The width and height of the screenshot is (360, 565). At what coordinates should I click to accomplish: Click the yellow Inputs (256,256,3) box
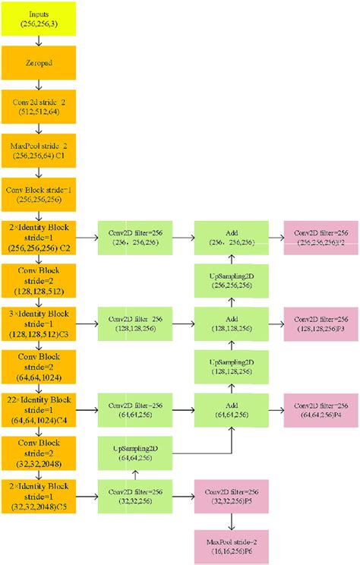tap(43, 19)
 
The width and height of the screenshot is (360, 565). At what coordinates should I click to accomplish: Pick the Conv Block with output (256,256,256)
tap(43, 192)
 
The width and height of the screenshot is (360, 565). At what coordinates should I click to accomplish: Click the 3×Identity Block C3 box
tap(43, 322)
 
